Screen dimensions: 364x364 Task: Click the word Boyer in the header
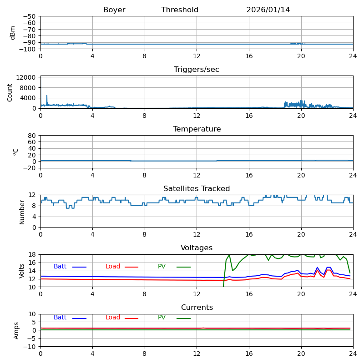pyautogui.click(x=114, y=10)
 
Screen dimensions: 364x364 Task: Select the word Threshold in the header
pyautogui.click(x=180, y=10)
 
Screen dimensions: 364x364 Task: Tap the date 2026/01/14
pyautogui.click(x=268, y=10)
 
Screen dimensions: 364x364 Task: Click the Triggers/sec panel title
pyautogui.click(x=197, y=70)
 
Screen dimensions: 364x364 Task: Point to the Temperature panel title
pyautogui.click(x=197, y=129)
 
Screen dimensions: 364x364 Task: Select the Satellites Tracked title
pyautogui.click(x=197, y=189)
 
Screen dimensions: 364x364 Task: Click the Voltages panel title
pyautogui.click(x=197, y=248)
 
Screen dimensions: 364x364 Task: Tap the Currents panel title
pyautogui.click(x=197, y=308)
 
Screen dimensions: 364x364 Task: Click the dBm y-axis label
pyautogui.click(x=13, y=32)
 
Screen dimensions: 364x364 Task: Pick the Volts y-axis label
pyautogui.click(x=22, y=271)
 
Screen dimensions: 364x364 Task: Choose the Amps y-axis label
pyautogui.click(x=16, y=330)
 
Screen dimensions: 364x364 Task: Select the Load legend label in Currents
pyautogui.click(x=113, y=318)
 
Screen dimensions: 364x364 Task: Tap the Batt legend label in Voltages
pyautogui.click(x=60, y=267)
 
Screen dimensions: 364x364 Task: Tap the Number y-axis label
pyautogui.click(x=22, y=212)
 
